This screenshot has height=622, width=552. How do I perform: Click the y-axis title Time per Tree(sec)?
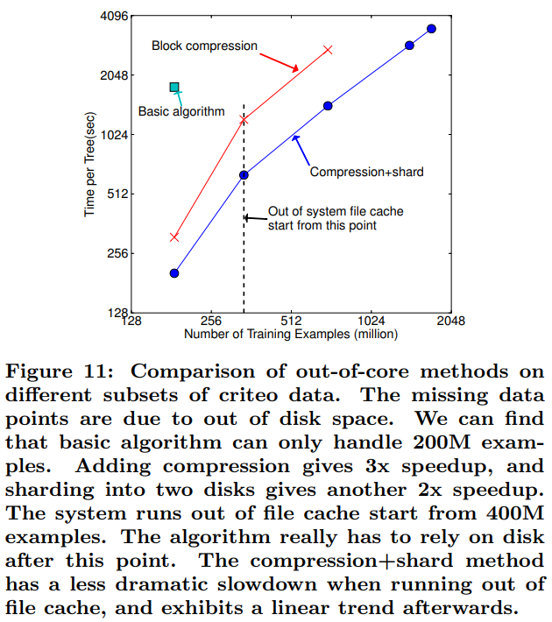[89, 165]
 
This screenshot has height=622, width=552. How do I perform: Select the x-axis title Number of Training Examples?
[290, 334]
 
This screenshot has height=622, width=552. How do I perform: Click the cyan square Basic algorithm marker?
[174, 87]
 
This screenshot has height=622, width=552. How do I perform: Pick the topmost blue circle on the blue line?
[431, 29]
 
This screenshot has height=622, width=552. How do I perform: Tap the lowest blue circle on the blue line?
[174, 273]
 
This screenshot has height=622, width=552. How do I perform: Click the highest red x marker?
[329, 50]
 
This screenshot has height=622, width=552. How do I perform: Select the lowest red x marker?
[174, 237]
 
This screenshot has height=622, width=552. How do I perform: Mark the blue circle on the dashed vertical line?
[244, 175]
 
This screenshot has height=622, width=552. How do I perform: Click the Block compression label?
[204, 46]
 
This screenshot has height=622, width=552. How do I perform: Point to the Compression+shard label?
[366, 172]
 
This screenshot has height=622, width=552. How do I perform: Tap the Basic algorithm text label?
[182, 111]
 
